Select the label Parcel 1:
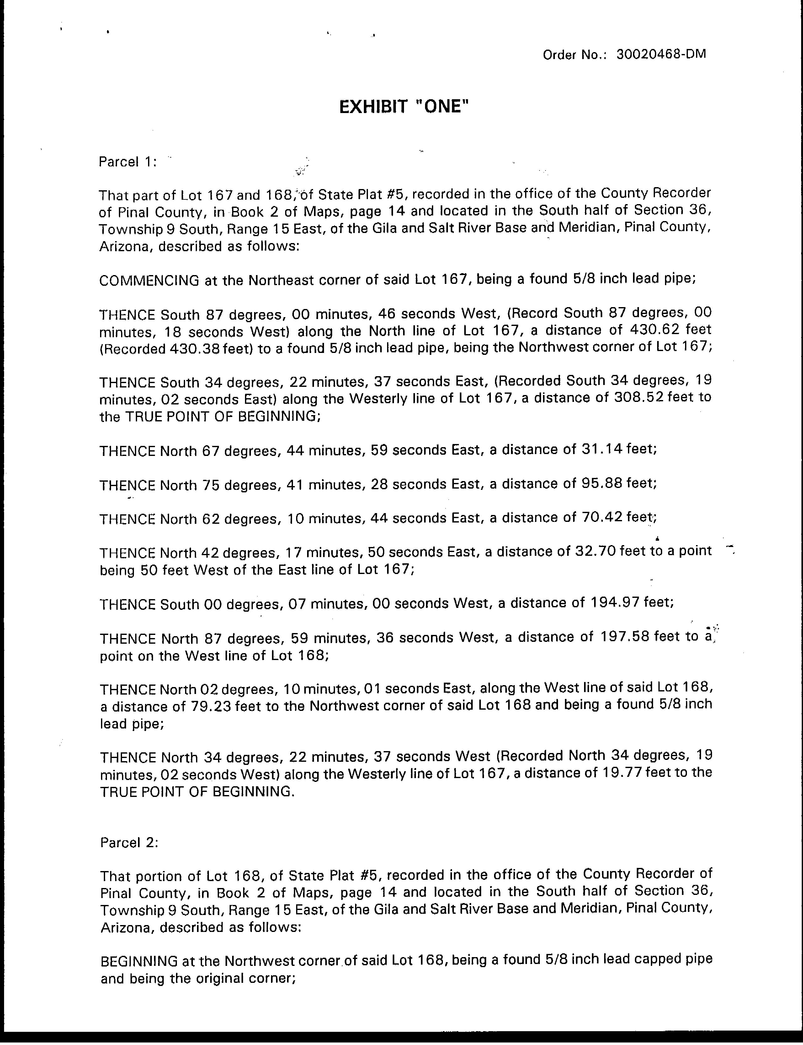pyautogui.click(x=127, y=162)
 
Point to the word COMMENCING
pyautogui.click(x=149, y=280)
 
